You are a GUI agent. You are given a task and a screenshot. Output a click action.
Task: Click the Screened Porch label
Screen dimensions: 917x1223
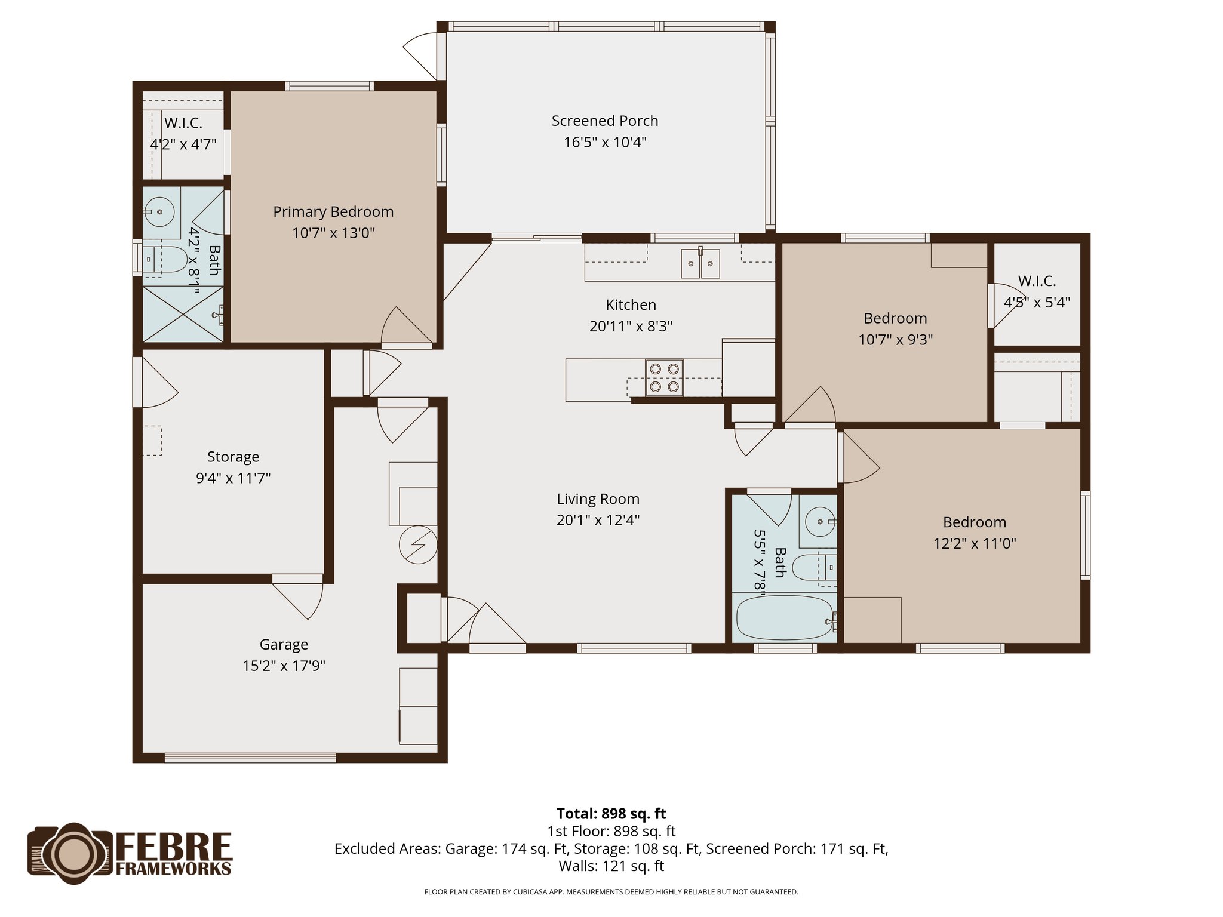tap(604, 121)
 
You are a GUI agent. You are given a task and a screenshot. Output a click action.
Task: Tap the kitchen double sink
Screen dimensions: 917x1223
tap(700, 263)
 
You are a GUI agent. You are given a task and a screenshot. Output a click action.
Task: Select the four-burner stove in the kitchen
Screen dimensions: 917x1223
tap(664, 377)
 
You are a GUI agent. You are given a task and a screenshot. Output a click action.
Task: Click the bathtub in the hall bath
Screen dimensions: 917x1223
tap(784, 618)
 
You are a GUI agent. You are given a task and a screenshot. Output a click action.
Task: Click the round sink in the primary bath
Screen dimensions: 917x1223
tap(159, 212)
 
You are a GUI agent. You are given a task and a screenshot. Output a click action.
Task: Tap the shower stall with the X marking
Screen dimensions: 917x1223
tap(182, 314)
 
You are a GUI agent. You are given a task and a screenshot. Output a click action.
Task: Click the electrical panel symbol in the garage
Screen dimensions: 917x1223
tap(418, 544)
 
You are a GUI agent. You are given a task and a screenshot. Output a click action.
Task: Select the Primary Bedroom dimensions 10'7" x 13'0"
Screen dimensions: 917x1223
tap(333, 233)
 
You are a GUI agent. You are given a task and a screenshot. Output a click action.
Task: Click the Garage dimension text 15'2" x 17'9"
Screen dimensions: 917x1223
tap(284, 666)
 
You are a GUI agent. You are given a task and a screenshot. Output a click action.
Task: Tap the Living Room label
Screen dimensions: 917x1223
tap(598, 499)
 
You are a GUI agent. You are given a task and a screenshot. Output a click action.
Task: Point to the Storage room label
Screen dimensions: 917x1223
tap(233, 457)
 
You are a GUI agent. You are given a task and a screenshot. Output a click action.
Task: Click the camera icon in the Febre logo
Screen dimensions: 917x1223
tap(70, 854)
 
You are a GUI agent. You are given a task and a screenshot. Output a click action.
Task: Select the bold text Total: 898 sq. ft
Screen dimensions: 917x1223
tap(611, 814)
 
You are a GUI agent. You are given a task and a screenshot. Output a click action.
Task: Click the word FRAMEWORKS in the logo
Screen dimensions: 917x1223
tap(173, 869)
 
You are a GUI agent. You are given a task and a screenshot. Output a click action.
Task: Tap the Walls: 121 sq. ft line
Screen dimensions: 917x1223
tap(611, 866)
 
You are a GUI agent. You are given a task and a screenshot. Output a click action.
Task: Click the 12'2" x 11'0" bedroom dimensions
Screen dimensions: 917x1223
tap(975, 543)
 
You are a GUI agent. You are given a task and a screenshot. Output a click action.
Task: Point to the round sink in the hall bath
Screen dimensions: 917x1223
tap(820, 522)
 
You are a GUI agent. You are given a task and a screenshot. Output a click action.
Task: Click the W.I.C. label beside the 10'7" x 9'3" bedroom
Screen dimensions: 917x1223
tap(1037, 281)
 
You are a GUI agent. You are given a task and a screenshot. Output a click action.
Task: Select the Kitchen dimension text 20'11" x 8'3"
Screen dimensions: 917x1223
tap(631, 326)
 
